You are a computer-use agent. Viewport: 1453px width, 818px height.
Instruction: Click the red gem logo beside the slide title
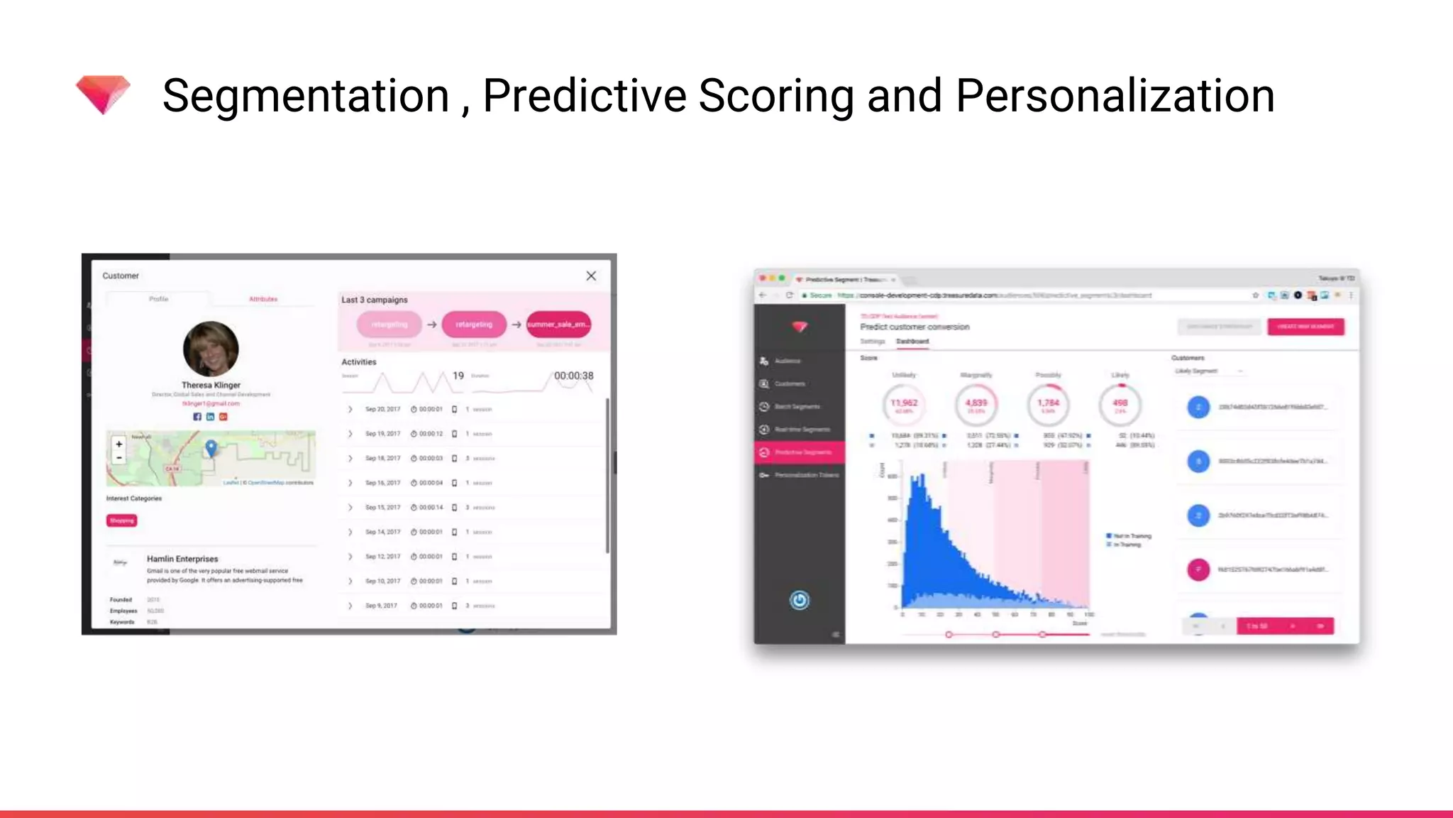(103, 94)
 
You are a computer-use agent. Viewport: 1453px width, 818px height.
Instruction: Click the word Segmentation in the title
(306, 96)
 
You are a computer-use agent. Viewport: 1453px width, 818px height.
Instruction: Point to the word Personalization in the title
(1115, 96)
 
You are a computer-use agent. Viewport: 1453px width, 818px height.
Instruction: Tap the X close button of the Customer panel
(591, 276)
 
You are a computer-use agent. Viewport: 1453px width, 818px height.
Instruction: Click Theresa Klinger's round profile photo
(211, 349)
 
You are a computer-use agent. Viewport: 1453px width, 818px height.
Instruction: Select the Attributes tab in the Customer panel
(263, 299)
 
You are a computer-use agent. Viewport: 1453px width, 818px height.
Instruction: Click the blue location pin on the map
(211, 447)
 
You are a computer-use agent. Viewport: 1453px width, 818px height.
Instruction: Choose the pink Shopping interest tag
(121, 520)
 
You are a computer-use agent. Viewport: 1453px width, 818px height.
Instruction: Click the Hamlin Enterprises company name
(182, 559)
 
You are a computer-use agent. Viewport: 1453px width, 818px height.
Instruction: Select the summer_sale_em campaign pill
(558, 325)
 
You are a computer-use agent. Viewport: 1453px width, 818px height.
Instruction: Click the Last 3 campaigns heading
(375, 300)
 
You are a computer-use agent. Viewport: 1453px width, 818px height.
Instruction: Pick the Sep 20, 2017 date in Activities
(382, 409)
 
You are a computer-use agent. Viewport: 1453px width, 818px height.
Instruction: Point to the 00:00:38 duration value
(573, 376)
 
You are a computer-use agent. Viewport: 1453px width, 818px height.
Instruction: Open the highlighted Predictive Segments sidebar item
(800, 452)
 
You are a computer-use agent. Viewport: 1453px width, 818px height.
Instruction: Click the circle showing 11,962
(904, 405)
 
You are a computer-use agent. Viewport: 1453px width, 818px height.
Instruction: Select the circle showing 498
(1120, 405)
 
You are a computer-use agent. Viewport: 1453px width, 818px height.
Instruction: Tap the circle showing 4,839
(976, 405)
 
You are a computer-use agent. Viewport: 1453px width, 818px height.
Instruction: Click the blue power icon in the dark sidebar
(800, 601)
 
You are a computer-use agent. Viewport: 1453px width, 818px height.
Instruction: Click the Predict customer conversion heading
(915, 327)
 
